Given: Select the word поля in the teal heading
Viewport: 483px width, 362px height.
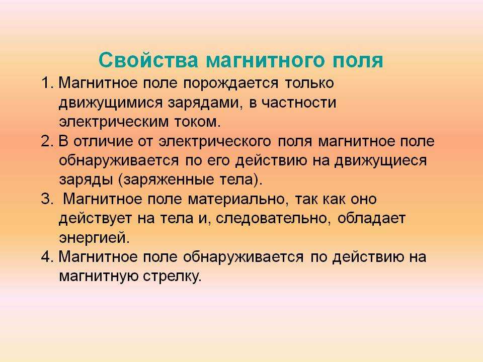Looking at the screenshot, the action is click(x=358, y=60).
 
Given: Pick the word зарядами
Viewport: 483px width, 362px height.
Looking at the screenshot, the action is click(x=203, y=103).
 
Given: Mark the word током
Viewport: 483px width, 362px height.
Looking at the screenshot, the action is click(x=198, y=122).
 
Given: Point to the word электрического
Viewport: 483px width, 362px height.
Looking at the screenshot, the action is click(x=215, y=142).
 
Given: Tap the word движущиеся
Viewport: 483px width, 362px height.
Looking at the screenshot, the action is click(x=381, y=161).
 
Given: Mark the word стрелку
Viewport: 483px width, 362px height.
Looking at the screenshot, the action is click(x=172, y=277).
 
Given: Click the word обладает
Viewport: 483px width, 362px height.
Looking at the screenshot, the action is click(x=371, y=219).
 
